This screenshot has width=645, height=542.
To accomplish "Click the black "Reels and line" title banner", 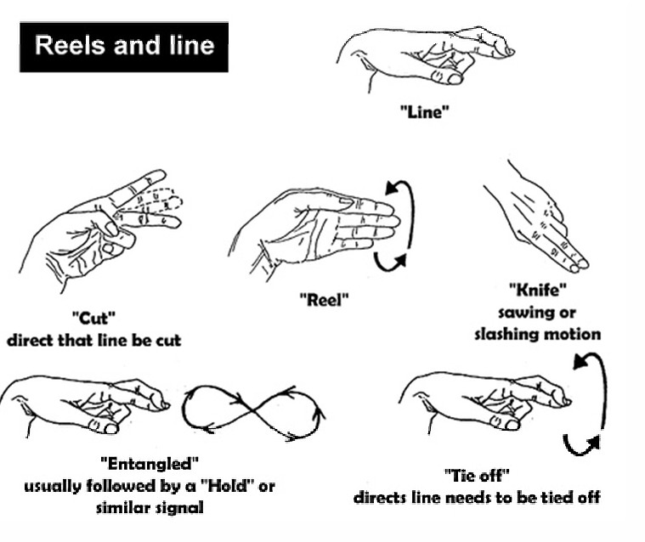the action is click(124, 47).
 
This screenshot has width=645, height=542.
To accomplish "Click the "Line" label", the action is click(425, 111).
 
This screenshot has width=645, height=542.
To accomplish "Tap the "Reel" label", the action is click(324, 299).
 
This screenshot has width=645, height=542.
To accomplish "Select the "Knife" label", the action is click(538, 290).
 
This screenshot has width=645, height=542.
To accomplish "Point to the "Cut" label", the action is click(93, 318).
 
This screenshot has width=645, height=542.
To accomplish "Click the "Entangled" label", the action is click(150, 464).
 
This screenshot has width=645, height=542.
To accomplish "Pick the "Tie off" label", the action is click(478, 476).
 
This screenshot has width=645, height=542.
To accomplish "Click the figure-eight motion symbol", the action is click(253, 410).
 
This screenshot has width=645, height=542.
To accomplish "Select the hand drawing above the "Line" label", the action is click(426, 58).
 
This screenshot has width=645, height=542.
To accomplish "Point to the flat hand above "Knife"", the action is click(537, 216).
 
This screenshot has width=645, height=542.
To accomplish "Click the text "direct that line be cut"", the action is click(94, 340).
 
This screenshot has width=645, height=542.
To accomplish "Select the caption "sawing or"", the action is click(537, 313).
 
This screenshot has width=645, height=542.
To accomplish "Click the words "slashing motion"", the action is click(538, 334).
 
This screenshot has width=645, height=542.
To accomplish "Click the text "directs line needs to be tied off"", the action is click(478, 497).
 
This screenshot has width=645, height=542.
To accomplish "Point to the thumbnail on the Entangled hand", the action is click(110, 429).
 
